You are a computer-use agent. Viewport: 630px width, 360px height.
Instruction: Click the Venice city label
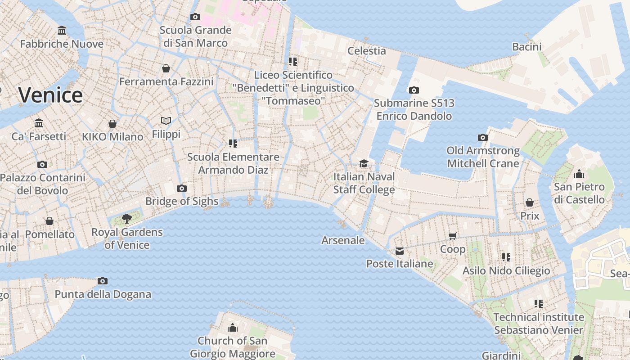point(50,95)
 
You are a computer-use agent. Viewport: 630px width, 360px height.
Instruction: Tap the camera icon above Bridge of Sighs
point(182,188)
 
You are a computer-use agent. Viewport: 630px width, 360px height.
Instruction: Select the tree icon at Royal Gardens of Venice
point(127,219)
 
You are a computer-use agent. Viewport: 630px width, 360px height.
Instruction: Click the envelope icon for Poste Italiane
point(400,251)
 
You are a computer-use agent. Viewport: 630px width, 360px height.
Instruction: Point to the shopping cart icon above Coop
point(453,236)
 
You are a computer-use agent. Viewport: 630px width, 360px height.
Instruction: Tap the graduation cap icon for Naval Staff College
point(364,163)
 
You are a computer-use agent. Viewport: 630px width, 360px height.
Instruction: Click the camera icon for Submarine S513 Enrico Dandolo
point(414,90)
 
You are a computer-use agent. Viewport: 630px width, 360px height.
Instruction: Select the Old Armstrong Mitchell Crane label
point(483,157)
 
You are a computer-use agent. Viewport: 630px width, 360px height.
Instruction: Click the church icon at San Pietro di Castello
point(579,174)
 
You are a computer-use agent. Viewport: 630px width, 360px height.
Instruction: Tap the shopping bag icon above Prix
point(530,202)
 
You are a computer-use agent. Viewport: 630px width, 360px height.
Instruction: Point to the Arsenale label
point(343,240)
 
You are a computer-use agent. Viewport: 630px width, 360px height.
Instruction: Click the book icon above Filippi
point(166,121)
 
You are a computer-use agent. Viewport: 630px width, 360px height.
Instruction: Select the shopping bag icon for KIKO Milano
point(112,123)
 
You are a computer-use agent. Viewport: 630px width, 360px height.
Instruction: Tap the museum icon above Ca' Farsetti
point(39,123)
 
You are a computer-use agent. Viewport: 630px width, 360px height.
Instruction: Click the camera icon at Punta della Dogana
point(103,281)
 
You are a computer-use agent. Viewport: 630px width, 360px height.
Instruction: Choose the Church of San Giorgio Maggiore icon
point(233,328)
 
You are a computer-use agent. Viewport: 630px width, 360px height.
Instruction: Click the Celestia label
point(366,50)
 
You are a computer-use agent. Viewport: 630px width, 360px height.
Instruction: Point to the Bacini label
point(526,46)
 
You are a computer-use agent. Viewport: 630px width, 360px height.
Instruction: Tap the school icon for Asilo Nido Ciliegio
point(506,257)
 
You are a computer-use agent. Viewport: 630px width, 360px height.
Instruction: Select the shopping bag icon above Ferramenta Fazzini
point(166,68)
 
